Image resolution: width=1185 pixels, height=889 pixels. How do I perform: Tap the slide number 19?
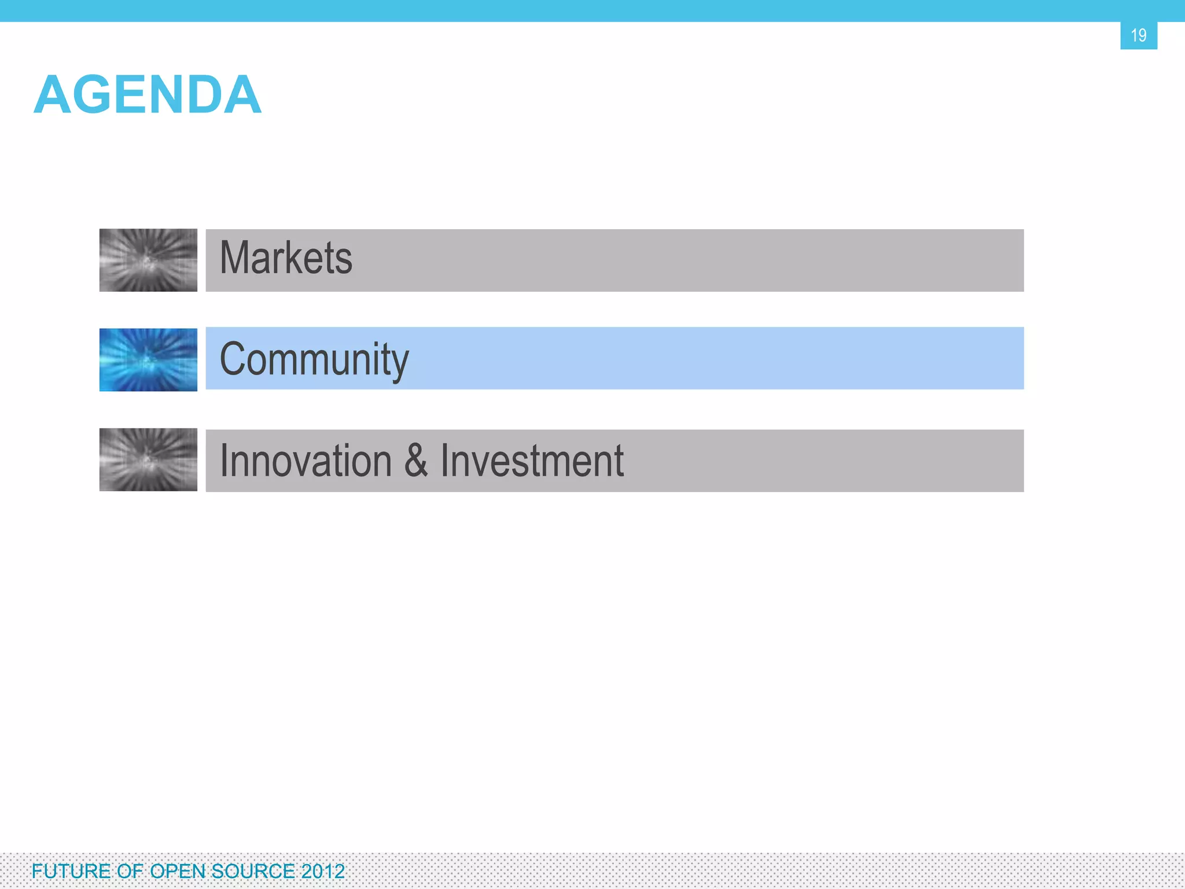click(x=1138, y=35)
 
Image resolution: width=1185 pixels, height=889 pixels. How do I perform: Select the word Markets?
click(x=286, y=258)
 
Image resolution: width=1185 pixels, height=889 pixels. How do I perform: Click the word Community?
click(x=314, y=359)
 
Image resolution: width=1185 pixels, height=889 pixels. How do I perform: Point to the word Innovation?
click(x=306, y=461)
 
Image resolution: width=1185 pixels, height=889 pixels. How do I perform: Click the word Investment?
click(x=532, y=461)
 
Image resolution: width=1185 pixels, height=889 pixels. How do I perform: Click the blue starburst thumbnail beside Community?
click(x=148, y=359)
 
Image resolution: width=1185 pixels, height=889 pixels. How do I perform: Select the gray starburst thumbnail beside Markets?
click(x=148, y=260)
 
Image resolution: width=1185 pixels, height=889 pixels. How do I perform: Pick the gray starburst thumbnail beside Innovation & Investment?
click(x=148, y=460)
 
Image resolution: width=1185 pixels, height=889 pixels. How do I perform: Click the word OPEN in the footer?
click(x=176, y=871)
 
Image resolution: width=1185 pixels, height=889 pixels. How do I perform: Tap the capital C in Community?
click(x=234, y=359)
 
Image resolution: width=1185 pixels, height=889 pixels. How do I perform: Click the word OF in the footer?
click(x=130, y=871)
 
